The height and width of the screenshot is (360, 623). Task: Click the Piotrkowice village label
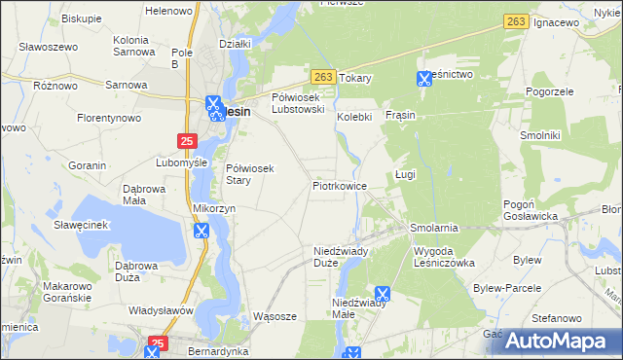pyautogui.click(x=339, y=185)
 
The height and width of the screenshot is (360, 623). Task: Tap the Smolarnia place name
pyautogui.click(x=434, y=228)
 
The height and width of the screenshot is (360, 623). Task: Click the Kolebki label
pyautogui.click(x=355, y=117)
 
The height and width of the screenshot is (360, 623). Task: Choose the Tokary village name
pyautogui.click(x=356, y=78)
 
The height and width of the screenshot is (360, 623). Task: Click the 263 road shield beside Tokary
pyautogui.click(x=324, y=76)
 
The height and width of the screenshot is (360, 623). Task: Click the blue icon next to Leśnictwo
pyautogui.click(x=424, y=80)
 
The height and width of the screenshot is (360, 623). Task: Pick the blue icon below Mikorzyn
pyautogui.click(x=202, y=231)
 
